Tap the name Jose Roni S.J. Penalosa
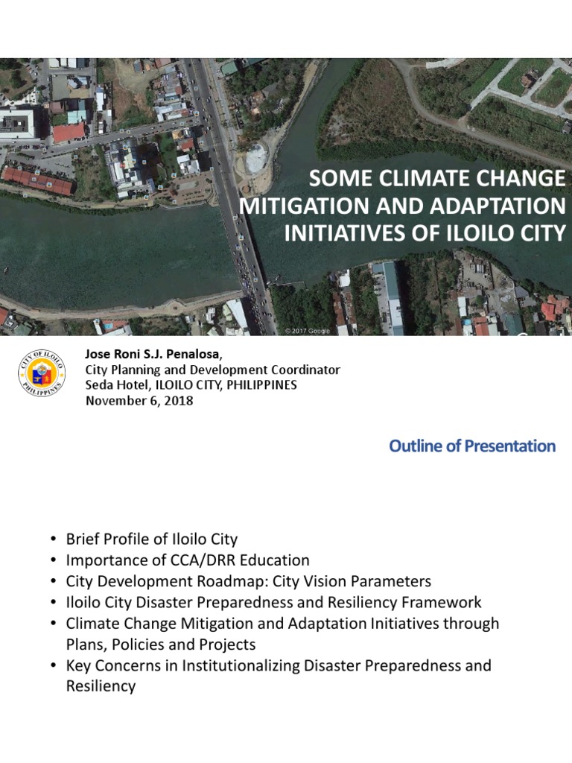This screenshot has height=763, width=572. click(147, 354)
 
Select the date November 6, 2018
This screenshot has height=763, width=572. click(140, 400)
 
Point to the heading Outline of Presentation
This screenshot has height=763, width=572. click(472, 446)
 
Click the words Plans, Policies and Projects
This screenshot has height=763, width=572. click(161, 645)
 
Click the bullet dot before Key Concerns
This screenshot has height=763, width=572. click(54, 665)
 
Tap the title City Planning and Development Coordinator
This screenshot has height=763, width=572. click(213, 370)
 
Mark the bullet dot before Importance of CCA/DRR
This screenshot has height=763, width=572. click(54, 560)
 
